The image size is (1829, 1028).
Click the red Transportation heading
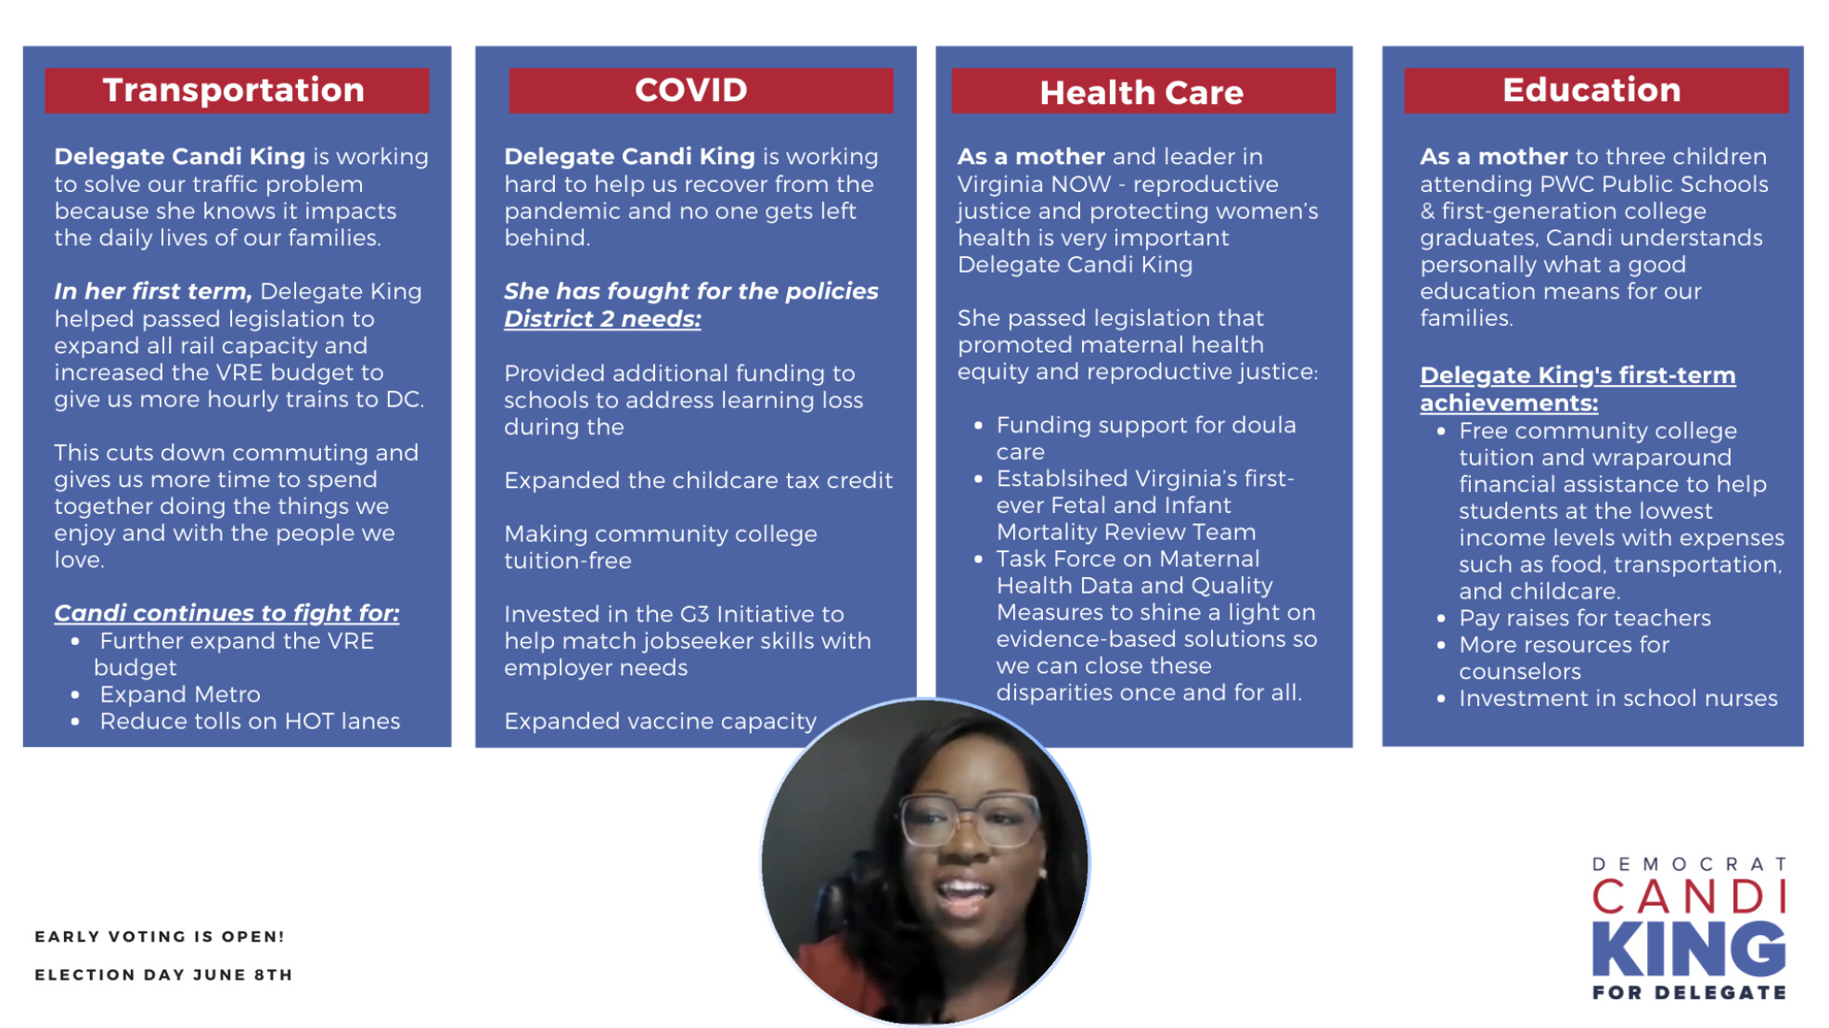pyautogui.click(x=237, y=90)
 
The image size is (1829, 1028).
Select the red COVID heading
pyautogui.click(x=701, y=90)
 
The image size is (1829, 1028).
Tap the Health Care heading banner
pyautogui.click(x=1143, y=91)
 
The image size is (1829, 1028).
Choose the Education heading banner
pyautogui.click(x=1596, y=90)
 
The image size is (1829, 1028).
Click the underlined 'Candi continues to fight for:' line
pyautogui.click(x=226, y=613)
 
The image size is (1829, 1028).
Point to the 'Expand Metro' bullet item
pyautogui.click(x=180, y=694)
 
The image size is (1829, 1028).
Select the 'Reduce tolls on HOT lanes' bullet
pyautogui.click(x=250, y=721)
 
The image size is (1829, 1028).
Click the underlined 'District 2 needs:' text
pyautogui.click(x=602, y=319)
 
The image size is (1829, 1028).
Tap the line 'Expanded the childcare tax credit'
pyautogui.click(x=698, y=481)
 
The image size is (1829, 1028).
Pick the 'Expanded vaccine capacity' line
pyautogui.click(x=660, y=721)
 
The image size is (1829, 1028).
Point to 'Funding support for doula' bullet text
pyautogui.click(x=1146, y=425)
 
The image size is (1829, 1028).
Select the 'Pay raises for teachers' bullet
pyautogui.click(x=1584, y=618)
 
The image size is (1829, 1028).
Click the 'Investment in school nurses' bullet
pyautogui.click(x=1617, y=698)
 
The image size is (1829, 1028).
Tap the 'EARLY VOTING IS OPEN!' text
pyautogui.click(x=160, y=936)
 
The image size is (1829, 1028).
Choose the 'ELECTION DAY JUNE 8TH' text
pyautogui.click(x=163, y=974)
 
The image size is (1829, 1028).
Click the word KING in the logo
pyautogui.click(x=1688, y=948)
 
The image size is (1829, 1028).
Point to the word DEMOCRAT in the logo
pyautogui.click(x=1689, y=864)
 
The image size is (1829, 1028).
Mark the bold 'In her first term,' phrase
pyautogui.click(x=153, y=291)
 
